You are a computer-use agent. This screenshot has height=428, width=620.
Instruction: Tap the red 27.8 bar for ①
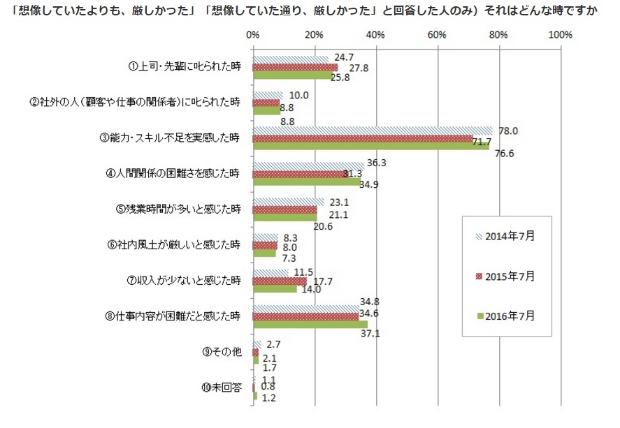pyautogui.click(x=295, y=67)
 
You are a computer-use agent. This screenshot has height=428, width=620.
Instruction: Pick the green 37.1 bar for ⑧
pyautogui.click(x=310, y=324)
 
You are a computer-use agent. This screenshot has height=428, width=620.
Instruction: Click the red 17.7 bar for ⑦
pyautogui.click(x=280, y=281)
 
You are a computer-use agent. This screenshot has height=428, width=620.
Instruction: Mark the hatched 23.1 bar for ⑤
pyautogui.click(x=288, y=201)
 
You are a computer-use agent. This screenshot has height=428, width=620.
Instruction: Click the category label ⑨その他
pyautogui.click(x=222, y=351)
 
